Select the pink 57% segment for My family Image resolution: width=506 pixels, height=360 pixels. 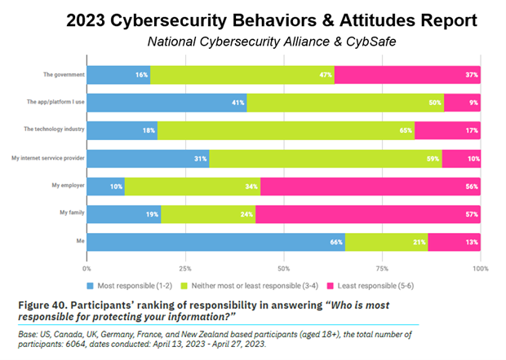tap(368, 214)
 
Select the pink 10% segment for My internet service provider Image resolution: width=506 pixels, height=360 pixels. tap(462, 158)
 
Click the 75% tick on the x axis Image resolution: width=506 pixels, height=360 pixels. tap(383, 267)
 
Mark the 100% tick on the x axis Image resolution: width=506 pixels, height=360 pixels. tap(480, 267)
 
